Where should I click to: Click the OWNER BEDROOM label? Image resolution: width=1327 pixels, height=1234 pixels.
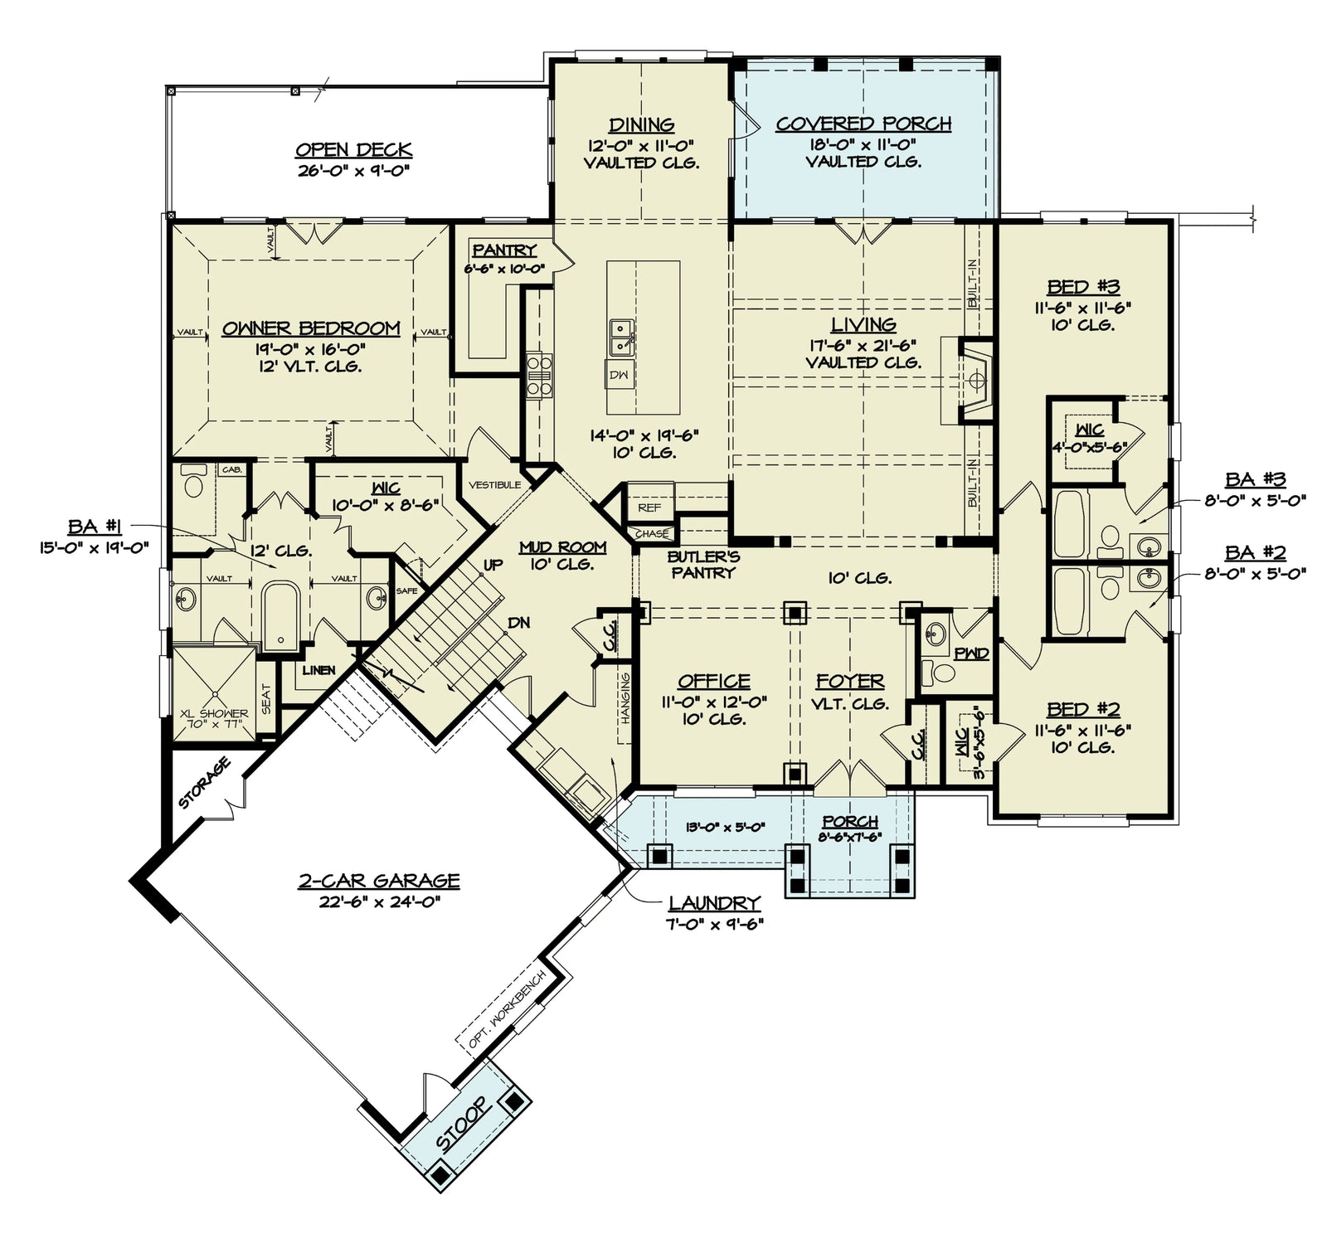pyautogui.click(x=311, y=328)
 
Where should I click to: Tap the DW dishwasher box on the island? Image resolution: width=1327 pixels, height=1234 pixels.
pyautogui.click(x=620, y=375)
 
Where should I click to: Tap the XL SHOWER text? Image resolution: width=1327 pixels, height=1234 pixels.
pyautogui.click(x=214, y=713)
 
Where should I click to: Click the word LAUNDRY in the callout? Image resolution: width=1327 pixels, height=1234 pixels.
pyautogui.click(x=715, y=903)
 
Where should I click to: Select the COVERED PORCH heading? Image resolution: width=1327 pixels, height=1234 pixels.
pyautogui.click(x=863, y=124)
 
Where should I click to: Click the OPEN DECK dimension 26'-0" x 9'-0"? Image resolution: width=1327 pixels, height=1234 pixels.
pyautogui.click(x=354, y=170)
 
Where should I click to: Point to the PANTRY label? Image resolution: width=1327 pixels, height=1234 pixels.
pyautogui.click(x=504, y=250)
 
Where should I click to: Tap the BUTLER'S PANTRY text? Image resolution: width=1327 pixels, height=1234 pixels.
pyautogui.click(x=703, y=564)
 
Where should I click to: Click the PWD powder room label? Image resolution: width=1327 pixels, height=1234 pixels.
pyautogui.click(x=971, y=653)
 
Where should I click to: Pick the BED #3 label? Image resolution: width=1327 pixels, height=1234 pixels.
pyautogui.click(x=1083, y=288)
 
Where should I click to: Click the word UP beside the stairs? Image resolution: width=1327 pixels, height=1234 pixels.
pyautogui.click(x=493, y=566)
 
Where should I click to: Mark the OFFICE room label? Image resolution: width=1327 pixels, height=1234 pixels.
pyautogui.click(x=714, y=682)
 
